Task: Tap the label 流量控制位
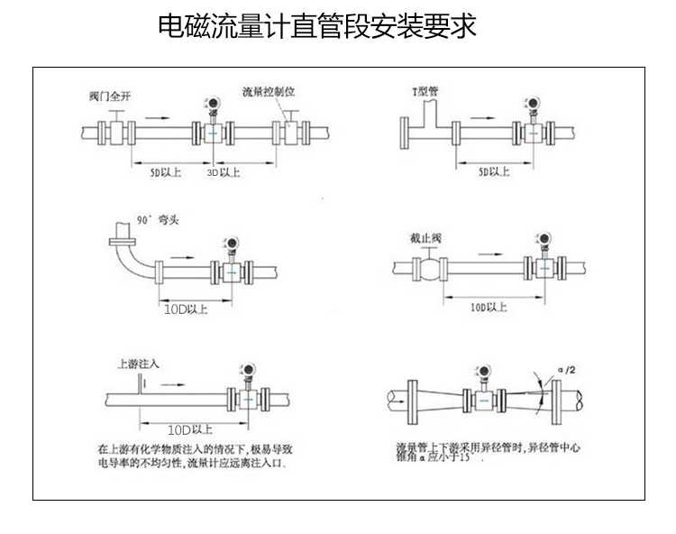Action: pos(270,92)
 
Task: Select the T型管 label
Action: pos(425,91)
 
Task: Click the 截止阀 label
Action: pos(425,238)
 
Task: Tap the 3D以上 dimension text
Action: pos(225,171)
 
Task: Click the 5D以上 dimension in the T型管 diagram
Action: pos(493,170)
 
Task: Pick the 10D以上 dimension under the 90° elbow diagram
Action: pos(187,308)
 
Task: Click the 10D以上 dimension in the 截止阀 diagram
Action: pos(489,308)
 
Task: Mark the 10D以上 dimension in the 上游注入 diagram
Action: pos(190,429)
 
